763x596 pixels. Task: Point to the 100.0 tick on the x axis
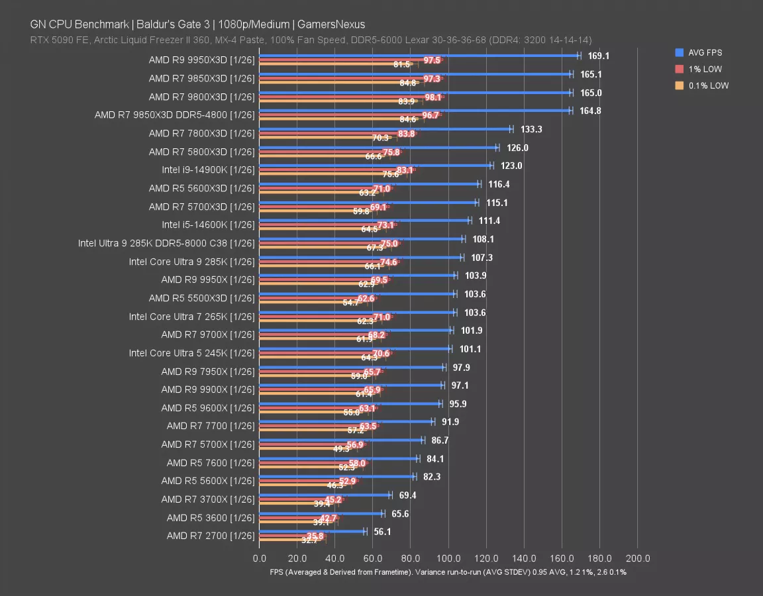(448, 558)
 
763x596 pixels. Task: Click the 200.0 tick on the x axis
(637, 558)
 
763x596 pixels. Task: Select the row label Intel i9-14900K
(208, 170)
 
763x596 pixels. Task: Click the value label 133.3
(531, 130)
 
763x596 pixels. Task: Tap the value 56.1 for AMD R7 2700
(383, 532)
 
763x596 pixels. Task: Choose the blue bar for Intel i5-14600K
(364, 221)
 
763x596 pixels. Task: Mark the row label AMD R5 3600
(211, 518)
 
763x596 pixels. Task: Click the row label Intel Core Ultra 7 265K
(191, 317)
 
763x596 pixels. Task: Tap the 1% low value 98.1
(433, 97)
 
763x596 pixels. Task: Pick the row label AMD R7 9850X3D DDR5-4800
(174, 115)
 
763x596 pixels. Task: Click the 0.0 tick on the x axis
(260, 558)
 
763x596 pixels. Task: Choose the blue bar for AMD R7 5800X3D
(378, 148)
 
